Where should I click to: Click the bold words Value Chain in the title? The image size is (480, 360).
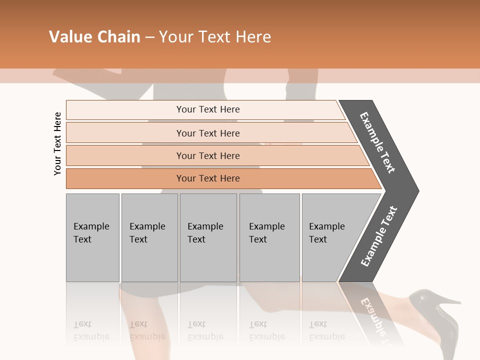94,37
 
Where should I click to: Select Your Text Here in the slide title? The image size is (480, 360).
215,37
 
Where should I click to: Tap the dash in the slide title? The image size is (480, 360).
149,37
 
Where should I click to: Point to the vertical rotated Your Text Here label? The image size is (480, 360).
57,143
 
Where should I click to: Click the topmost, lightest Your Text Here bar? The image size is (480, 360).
207,109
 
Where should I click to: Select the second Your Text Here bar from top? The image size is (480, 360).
207,133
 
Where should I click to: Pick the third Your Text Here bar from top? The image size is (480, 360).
207,155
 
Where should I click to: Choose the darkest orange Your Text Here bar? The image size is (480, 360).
207,178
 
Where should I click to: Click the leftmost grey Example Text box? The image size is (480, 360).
92,237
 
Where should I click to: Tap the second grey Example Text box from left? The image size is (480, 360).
149,237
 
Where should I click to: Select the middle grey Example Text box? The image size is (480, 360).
208,237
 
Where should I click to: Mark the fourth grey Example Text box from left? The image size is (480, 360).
269,237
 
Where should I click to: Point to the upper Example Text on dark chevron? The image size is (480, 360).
377,142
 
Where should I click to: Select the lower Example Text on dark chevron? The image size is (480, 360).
379,236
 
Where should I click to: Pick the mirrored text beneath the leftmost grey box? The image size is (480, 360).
91,330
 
